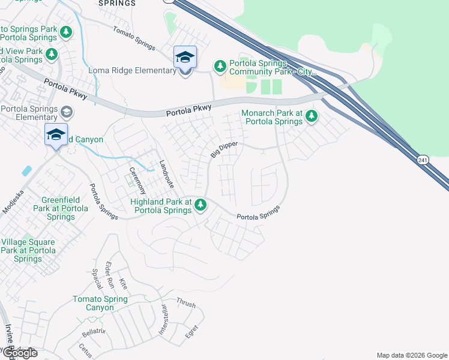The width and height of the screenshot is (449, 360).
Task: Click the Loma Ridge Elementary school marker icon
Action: [x=185, y=58]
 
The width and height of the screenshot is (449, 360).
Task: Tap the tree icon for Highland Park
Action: [x=200, y=206]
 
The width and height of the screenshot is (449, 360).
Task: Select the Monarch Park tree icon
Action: [x=311, y=116]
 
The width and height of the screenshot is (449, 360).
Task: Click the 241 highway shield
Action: [x=423, y=160]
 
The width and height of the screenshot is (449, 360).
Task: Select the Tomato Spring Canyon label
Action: [x=100, y=303]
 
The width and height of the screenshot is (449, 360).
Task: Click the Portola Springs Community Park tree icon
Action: [x=220, y=65]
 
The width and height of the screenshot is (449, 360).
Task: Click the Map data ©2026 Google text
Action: [x=412, y=355]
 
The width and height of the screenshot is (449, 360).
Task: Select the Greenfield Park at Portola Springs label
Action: [x=58, y=208]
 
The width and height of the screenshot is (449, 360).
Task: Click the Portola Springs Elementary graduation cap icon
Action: [x=67, y=111]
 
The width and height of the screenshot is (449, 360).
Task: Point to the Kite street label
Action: [x=124, y=283]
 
